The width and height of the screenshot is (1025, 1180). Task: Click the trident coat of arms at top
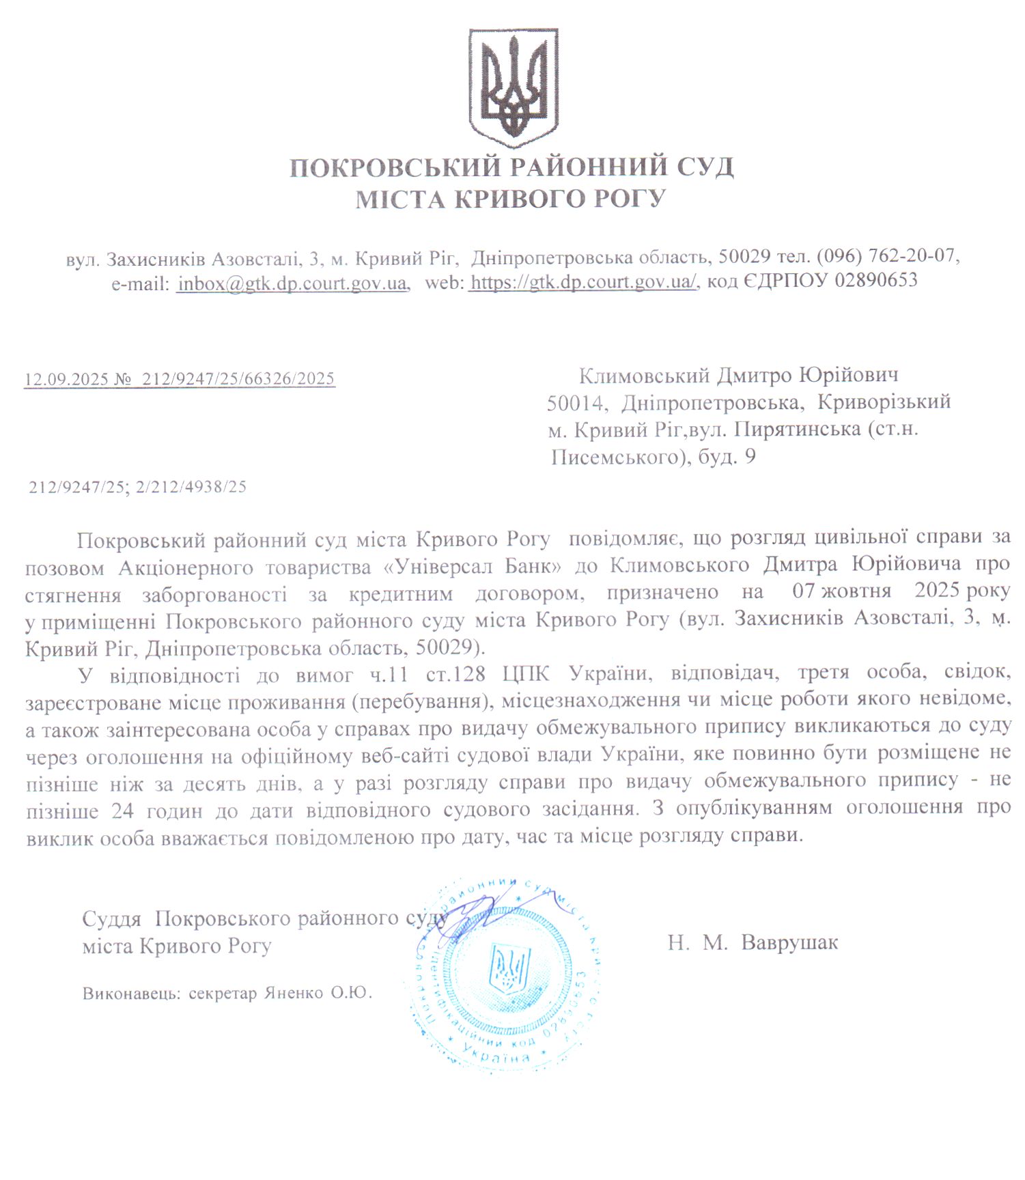[x=513, y=87]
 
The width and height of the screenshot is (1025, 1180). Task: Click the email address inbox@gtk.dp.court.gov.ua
[x=292, y=282]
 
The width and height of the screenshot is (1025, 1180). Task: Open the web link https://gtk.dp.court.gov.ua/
[x=583, y=281]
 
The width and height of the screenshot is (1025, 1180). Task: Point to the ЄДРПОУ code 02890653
[x=876, y=281]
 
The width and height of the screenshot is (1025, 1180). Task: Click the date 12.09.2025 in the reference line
[x=66, y=379]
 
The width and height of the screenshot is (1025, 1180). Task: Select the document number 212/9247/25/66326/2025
[x=238, y=379]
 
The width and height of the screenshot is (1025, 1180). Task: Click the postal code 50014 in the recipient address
[x=575, y=403]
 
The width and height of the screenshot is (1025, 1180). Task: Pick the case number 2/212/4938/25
[x=191, y=488]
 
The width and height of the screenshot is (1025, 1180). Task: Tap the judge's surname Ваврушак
[x=789, y=943]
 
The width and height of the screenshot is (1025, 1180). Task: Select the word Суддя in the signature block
[x=112, y=919]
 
